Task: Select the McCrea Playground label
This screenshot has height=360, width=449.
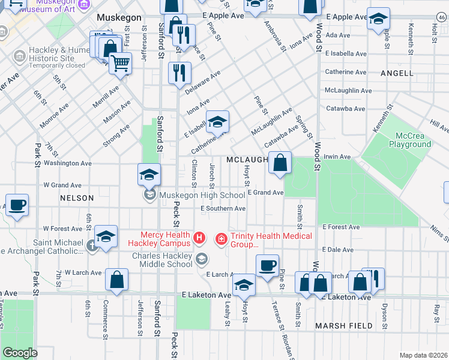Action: (410, 140)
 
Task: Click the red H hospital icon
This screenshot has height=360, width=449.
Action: (200, 240)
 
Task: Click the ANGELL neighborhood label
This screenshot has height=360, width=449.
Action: (397, 73)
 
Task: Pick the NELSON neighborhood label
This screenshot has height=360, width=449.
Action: (77, 197)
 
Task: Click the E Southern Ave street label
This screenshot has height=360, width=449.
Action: (223, 208)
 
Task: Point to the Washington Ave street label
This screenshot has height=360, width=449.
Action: (68, 163)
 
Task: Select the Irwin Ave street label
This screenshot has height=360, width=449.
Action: (337, 157)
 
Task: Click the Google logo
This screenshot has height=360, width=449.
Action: (20, 353)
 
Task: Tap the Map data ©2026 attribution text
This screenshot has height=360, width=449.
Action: (423, 355)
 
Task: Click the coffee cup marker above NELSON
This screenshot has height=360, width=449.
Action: (17, 205)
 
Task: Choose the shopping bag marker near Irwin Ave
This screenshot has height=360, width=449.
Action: (280, 162)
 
